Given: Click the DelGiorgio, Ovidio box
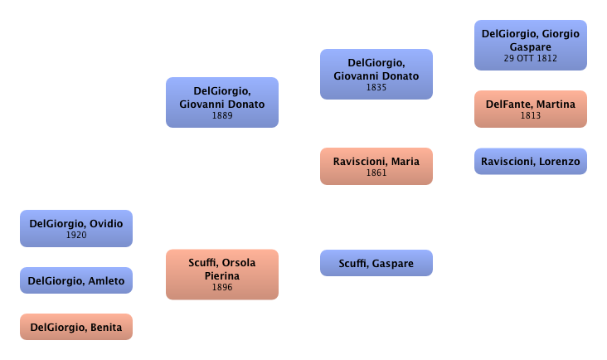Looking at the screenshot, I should click(76, 229).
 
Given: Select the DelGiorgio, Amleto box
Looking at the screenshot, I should click(76, 281).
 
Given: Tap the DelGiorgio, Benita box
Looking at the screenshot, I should click(76, 328).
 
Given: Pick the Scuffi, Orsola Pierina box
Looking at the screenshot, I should click(222, 274).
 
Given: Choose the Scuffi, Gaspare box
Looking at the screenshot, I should click(376, 264).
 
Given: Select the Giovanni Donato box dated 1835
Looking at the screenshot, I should click(376, 74).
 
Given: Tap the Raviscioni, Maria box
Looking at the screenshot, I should click(376, 166).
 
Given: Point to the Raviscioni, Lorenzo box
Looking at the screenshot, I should click(531, 161).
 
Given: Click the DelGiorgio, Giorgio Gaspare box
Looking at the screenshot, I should click(531, 45).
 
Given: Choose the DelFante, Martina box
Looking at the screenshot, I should click(531, 109).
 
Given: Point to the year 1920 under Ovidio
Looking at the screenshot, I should click(76, 236).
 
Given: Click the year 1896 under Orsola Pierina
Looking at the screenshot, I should click(222, 288).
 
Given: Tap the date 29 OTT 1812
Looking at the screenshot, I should click(531, 58).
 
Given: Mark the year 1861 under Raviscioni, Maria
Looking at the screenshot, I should click(376, 173).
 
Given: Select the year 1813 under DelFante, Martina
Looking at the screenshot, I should click(531, 116).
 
